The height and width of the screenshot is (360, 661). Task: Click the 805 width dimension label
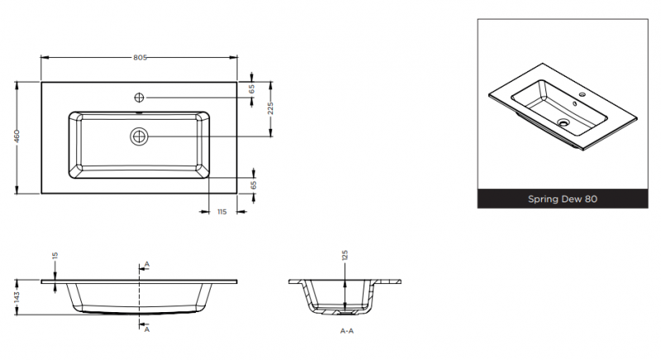click(140, 58)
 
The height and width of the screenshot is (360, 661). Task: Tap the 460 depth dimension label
click(17, 136)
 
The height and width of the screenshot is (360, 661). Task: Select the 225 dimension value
click(270, 108)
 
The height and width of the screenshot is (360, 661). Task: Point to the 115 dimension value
click(222, 212)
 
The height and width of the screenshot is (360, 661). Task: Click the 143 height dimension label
click(17, 297)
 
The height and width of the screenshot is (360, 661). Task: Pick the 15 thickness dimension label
click(55, 256)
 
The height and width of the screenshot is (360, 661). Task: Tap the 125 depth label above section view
click(345, 255)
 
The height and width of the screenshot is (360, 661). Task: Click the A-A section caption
click(347, 331)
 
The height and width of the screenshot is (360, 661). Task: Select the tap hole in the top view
click(139, 97)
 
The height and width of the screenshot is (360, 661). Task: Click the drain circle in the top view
click(139, 136)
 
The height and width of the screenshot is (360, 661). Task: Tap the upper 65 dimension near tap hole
click(252, 89)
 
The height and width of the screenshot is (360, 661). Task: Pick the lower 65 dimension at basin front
click(254, 185)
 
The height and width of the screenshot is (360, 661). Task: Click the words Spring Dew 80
click(563, 199)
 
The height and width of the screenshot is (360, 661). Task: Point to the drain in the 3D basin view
click(564, 122)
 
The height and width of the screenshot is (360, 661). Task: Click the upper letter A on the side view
click(147, 264)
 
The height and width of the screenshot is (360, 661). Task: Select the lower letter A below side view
click(147, 329)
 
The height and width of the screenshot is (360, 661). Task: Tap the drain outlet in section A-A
click(346, 312)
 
